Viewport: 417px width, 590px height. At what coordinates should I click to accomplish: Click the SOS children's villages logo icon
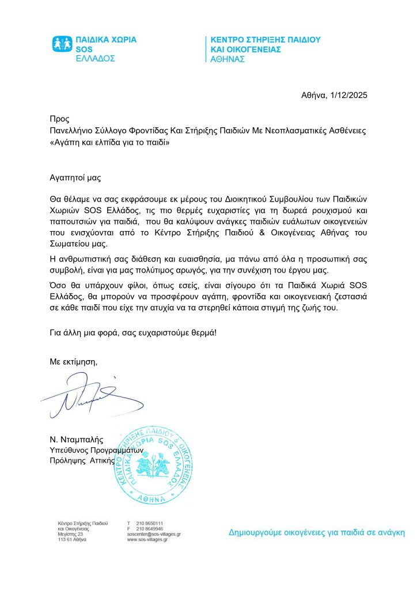(x=63, y=44)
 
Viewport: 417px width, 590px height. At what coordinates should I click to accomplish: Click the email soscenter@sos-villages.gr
(x=154, y=534)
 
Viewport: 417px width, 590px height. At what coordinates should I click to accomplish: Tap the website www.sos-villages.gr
(x=147, y=540)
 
